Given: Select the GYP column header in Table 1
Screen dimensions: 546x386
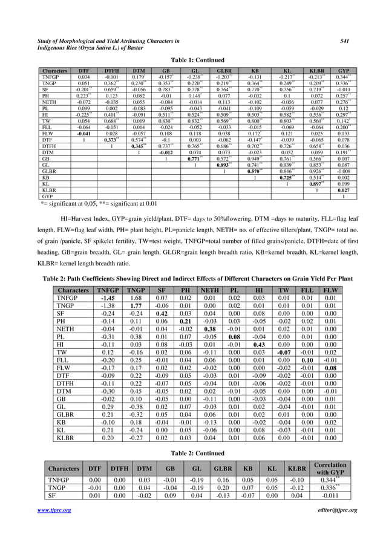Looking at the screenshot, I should click(344, 71).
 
